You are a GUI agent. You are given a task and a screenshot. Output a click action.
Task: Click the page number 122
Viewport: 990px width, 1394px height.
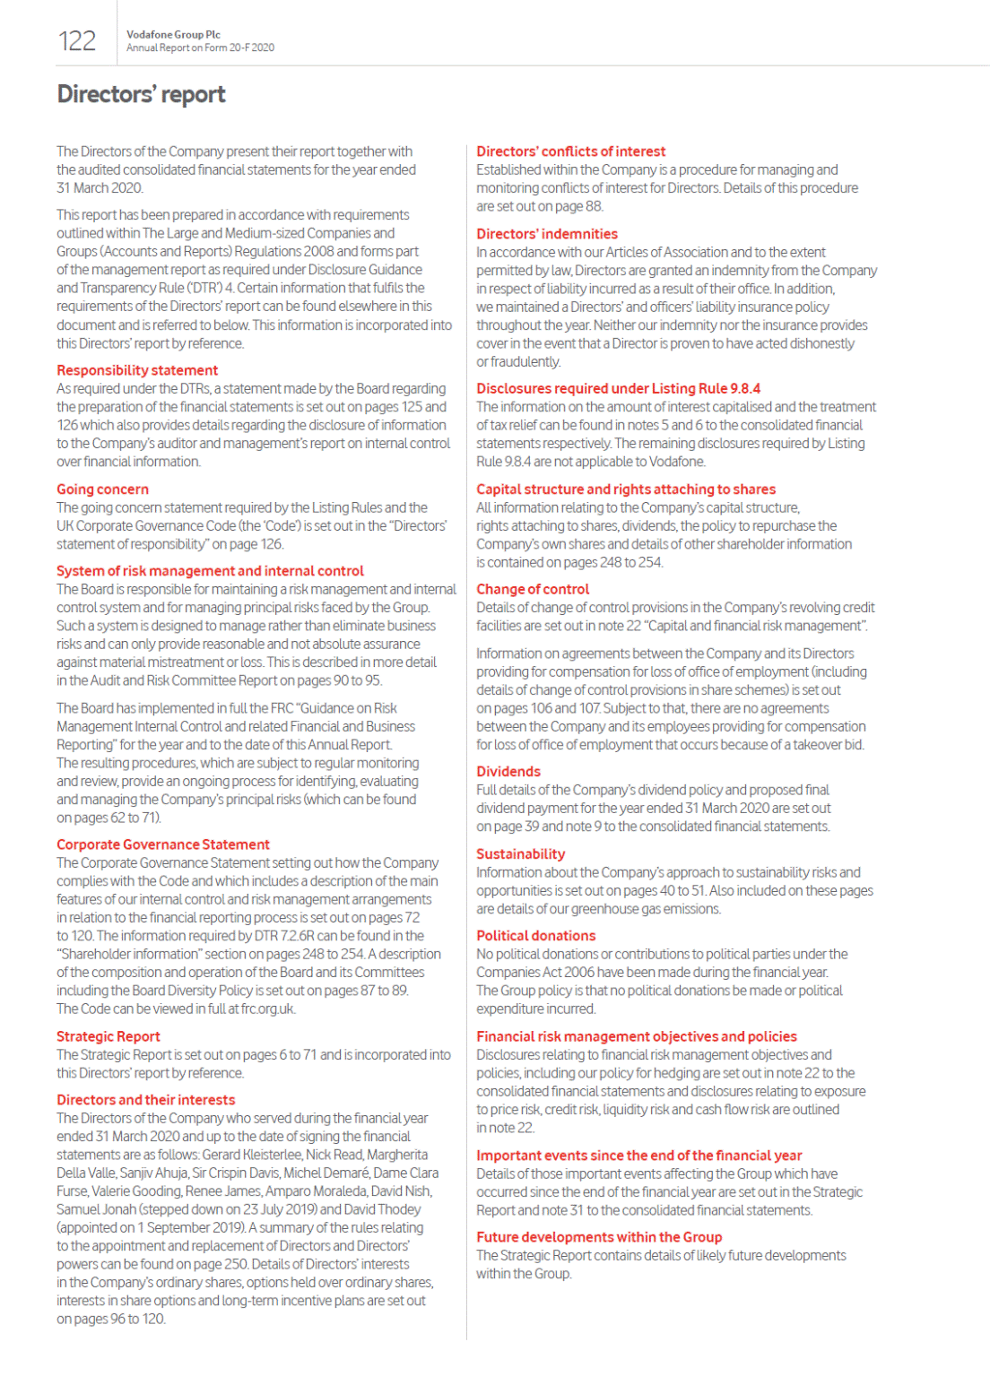click(x=77, y=41)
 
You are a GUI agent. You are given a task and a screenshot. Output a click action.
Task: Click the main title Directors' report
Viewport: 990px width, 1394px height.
click(x=141, y=94)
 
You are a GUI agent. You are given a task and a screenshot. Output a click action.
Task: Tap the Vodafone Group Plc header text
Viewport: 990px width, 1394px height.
click(x=173, y=34)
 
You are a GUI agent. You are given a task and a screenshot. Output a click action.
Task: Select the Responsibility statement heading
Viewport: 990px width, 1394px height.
click(x=137, y=370)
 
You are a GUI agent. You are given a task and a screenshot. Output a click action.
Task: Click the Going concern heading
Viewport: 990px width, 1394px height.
click(x=102, y=489)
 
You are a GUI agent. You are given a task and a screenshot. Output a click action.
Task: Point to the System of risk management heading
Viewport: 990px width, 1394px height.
click(x=210, y=571)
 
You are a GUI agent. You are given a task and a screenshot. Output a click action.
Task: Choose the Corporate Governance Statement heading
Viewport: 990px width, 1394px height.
click(x=162, y=844)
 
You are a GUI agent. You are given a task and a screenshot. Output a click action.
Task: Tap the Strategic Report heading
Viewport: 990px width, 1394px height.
click(x=108, y=1036)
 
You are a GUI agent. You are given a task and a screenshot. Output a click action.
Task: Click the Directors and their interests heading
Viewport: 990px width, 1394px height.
click(x=145, y=1100)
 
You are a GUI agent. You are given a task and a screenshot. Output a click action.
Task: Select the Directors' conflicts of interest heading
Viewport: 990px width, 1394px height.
click(x=570, y=152)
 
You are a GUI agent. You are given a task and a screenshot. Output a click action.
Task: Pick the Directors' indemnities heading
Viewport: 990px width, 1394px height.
click(x=546, y=234)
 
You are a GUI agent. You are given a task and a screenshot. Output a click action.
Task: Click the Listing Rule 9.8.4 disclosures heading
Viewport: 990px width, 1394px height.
click(x=618, y=388)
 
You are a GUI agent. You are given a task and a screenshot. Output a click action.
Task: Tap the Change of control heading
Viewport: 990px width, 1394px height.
click(x=533, y=589)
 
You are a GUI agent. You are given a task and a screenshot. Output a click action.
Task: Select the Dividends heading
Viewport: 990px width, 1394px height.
click(x=508, y=772)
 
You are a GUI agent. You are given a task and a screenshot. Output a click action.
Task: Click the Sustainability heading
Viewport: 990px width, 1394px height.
click(x=520, y=854)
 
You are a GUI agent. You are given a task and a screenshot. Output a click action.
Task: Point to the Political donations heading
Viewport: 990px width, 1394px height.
click(x=535, y=936)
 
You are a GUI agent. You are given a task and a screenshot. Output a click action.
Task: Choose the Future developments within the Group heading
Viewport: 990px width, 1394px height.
click(x=598, y=1237)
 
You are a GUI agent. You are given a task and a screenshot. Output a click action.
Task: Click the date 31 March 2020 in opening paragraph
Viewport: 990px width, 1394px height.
click(x=99, y=188)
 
